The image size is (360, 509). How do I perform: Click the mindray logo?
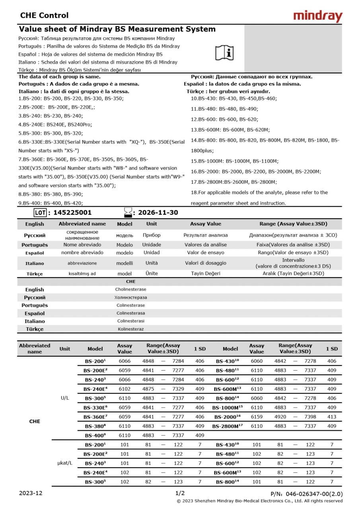click(317, 16)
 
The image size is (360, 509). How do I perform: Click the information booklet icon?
click(225, 52)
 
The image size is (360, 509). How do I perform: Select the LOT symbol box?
click(40, 213)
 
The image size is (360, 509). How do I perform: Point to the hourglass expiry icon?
click(128, 213)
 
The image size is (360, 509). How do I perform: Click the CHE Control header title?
click(44, 16)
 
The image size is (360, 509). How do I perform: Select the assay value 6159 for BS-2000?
click(257, 417)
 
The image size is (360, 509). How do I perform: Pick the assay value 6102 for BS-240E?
click(125, 389)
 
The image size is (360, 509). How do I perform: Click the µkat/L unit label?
click(65, 463)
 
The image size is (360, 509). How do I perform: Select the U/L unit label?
click(65, 398)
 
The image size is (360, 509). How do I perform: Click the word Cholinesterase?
click(130, 289)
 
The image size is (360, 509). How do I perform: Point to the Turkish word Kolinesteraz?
click(130, 329)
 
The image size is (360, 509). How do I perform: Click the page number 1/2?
click(180, 493)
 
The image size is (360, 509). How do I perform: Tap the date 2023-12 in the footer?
click(31, 493)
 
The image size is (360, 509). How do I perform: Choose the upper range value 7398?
click(310, 417)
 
